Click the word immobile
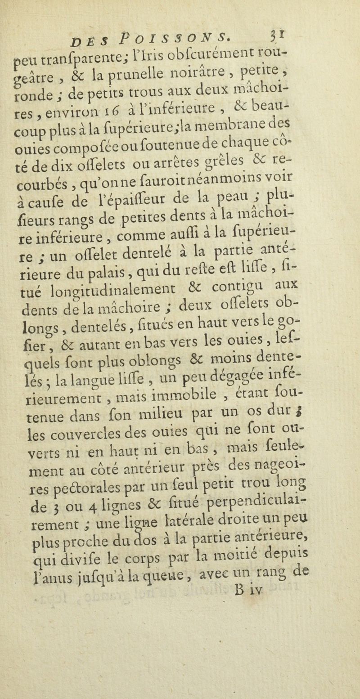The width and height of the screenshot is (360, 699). click(197, 384)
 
